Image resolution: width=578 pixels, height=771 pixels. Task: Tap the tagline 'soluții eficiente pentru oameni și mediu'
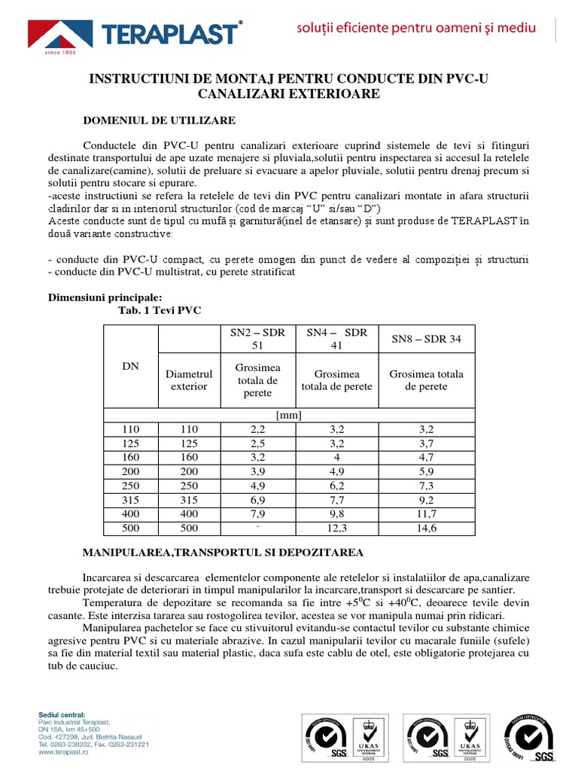(415, 29)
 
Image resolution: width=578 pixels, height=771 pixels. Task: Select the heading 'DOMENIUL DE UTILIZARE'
(159, 120)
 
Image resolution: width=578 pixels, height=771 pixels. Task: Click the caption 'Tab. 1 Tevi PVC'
(160, 310)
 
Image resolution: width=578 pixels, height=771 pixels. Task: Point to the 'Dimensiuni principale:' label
(105, 297)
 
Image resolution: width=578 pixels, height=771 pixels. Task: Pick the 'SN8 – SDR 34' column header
(426, 339)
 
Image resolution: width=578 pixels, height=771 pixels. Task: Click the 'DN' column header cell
(130, 365)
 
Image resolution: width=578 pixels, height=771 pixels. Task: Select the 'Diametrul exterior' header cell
(189, 380)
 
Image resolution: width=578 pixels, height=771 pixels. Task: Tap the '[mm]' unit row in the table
(289, 415)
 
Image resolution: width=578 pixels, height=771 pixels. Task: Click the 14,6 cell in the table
(426, 529)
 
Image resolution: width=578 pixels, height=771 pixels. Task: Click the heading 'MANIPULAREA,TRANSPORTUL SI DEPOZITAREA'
(223, 553)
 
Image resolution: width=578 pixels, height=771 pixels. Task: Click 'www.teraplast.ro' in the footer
(63, 751)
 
